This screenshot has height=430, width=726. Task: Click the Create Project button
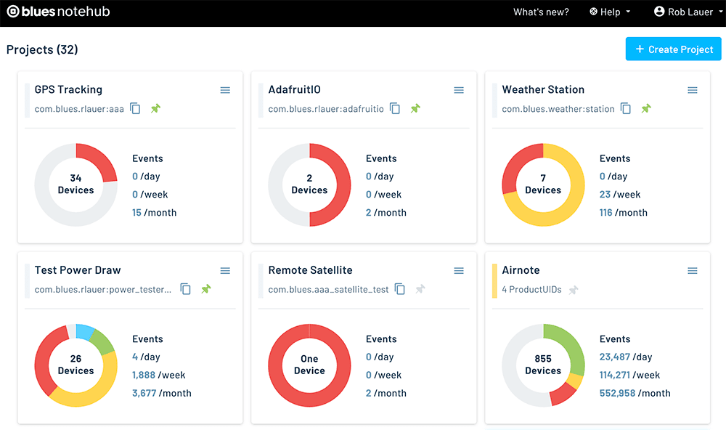673,49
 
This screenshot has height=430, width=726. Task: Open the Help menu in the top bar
610,12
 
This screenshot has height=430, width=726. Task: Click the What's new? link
541,12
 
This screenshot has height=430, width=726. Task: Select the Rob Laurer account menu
688,12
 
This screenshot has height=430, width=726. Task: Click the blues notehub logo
58,12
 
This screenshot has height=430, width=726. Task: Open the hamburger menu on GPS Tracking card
225,90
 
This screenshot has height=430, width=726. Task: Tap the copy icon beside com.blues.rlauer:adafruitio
395,108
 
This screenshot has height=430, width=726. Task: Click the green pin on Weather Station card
646,108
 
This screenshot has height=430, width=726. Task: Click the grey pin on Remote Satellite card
420,289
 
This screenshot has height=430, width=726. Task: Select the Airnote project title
521,270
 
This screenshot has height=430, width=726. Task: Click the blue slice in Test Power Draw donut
85,331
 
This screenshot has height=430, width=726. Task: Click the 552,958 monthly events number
617,393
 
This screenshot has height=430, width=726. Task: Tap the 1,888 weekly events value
144,375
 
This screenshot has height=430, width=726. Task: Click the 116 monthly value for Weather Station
605,213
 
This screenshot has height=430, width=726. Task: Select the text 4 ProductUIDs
531,290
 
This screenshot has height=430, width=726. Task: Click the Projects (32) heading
42,49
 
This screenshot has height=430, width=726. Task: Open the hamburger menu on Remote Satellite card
459,271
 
